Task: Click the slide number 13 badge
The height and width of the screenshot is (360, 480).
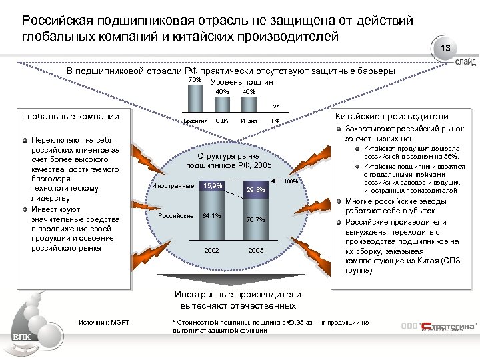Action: [446, 49]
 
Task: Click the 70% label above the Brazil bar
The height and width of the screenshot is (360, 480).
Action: [195, 81]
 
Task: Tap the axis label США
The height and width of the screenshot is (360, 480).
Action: [222, 121]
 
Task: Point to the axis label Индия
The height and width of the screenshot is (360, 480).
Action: [249, 121]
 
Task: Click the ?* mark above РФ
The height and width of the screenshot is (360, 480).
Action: [275, 107]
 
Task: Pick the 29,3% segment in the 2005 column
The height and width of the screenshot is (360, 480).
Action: [256, 190]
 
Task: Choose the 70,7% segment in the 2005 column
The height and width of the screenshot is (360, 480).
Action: [256, 219]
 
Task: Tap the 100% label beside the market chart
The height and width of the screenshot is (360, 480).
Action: [291, 181]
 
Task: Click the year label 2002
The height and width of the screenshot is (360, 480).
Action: [212, 249]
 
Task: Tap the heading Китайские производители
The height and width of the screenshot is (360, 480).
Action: [386, 115]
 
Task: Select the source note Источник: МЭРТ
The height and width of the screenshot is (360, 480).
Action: [103, 323]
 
